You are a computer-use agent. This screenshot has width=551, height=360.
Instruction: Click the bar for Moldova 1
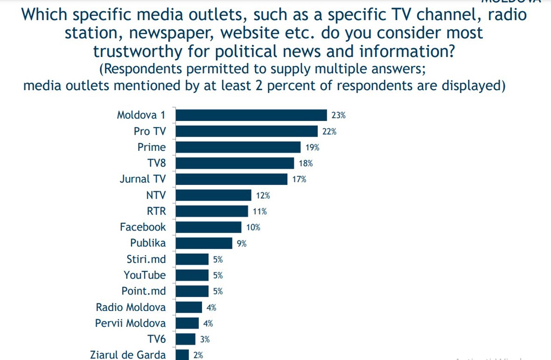[252, 115]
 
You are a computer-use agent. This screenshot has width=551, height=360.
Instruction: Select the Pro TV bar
[247, 131]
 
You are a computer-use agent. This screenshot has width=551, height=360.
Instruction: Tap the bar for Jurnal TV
[232, 179]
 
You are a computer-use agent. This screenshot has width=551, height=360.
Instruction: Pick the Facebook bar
[209, 227]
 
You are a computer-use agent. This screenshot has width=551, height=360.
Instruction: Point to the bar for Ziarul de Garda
[183, 355]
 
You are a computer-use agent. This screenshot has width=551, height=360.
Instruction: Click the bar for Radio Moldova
[189, 307]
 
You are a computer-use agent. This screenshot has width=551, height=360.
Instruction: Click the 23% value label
[338, 115]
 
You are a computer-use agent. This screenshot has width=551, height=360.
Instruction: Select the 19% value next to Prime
[312, 148]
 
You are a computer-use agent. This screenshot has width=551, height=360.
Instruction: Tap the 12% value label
[263, 196]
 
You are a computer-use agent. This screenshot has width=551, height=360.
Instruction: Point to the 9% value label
[241, 244]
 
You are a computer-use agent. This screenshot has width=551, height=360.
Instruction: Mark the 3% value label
[205, 339]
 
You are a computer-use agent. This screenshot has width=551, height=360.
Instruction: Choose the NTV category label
[156, 195]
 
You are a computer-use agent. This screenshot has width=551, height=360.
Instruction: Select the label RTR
[156, 211]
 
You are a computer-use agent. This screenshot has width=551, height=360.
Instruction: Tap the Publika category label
[148, 243]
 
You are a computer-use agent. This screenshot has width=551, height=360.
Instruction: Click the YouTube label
[144, 275]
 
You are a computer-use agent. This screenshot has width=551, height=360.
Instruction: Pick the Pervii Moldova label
[130, 323]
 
